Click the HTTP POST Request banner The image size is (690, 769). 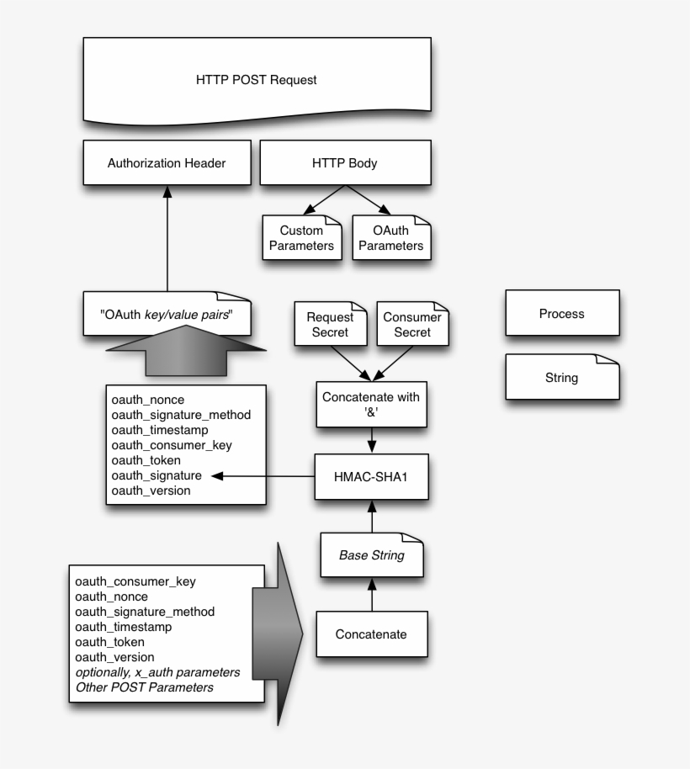click(256, 81)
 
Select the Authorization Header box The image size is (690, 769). click(167, 163)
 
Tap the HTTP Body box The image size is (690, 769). click(345, 163)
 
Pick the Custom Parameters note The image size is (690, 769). click(301, 238)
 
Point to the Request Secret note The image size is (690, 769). click(330, 325)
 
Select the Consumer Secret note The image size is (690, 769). click(412, 325)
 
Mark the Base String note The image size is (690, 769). click(371, 555)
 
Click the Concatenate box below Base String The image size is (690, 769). click(371, 634)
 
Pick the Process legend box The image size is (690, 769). click(561, 314)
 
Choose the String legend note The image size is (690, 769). click(561, 378)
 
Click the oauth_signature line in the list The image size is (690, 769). click(156, 475)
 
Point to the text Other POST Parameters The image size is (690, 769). click(144, 687)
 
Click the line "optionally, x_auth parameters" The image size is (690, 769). click(157, 672)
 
